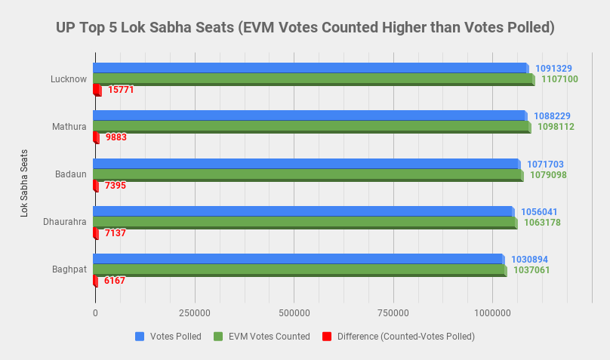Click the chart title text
tap(305, 28)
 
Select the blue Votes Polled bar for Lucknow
tap(310, 68)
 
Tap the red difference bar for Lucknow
tap(97, 90)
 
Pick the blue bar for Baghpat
tap(298, 259)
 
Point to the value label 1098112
tap(556, 127)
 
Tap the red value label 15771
tap(121, 90)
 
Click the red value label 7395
tap(116, 185)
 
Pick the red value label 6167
tap(115, 281)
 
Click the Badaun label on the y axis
tap(70, 174)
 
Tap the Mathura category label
tap(69, 126)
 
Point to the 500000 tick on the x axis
tap(294, 312)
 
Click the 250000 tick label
tap(194, 312)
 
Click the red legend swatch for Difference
tap(327, 337)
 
